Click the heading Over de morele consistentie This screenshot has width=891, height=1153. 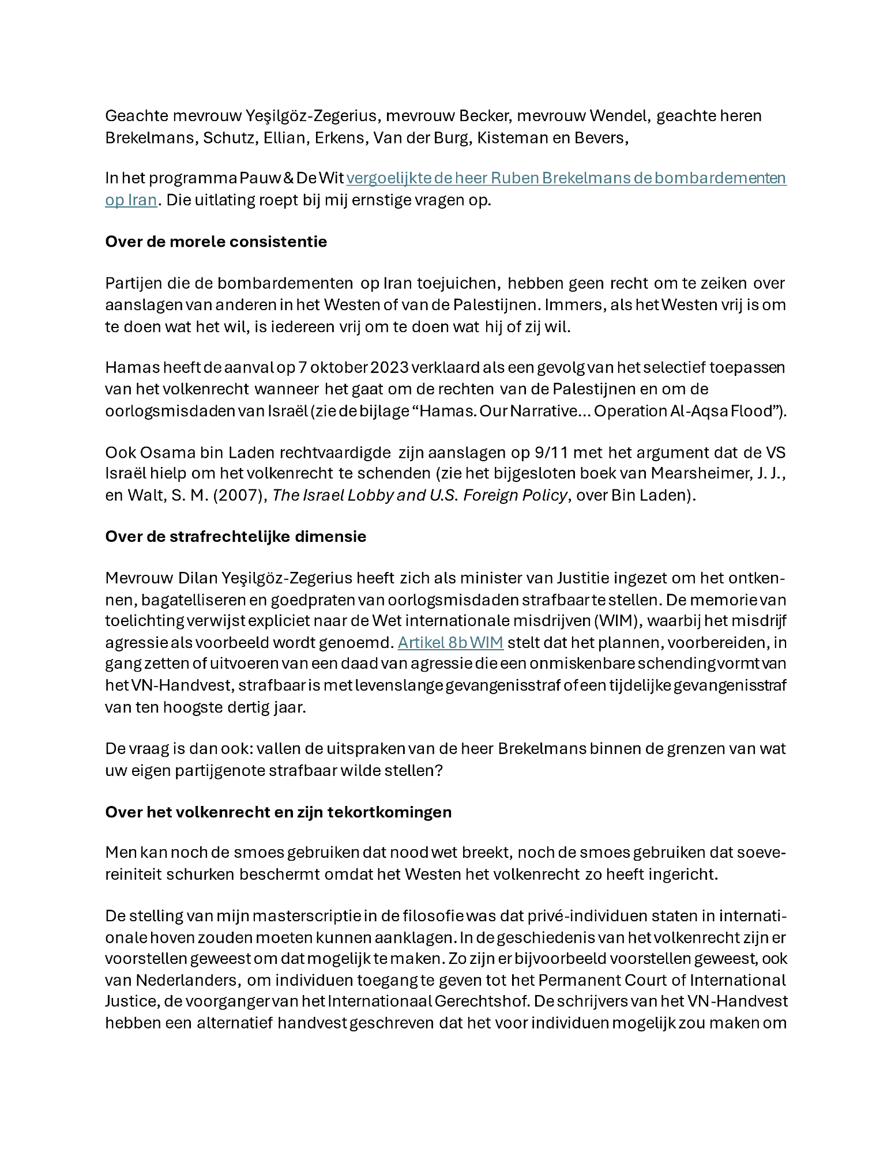click(216, 242)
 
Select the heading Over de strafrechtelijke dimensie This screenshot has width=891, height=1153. click(235, 537)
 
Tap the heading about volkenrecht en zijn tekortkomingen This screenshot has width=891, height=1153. click(278, 812)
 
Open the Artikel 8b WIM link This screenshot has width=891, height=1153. click(450, 642)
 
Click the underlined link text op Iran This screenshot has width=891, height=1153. click(131, 200)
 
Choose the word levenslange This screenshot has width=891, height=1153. click(401, 685)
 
